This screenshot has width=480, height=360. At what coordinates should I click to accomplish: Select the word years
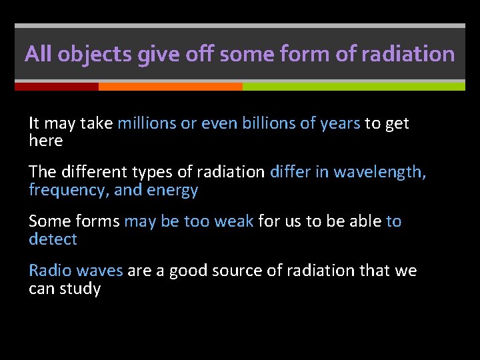(340, 123)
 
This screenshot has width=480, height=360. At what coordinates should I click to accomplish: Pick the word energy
(175, 190)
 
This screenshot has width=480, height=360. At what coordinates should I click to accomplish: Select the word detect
(53, 239)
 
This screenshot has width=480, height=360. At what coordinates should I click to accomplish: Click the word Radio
(50, 270)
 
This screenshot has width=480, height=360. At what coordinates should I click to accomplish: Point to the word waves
(99, 270)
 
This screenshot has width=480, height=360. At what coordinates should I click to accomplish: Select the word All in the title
(38, 54)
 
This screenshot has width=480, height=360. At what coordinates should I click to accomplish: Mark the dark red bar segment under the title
(57, 87)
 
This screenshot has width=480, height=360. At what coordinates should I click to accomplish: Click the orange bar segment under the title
(170, 87)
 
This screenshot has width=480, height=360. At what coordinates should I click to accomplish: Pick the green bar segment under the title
(353, 87)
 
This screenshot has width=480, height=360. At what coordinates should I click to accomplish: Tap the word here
(45, 141)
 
